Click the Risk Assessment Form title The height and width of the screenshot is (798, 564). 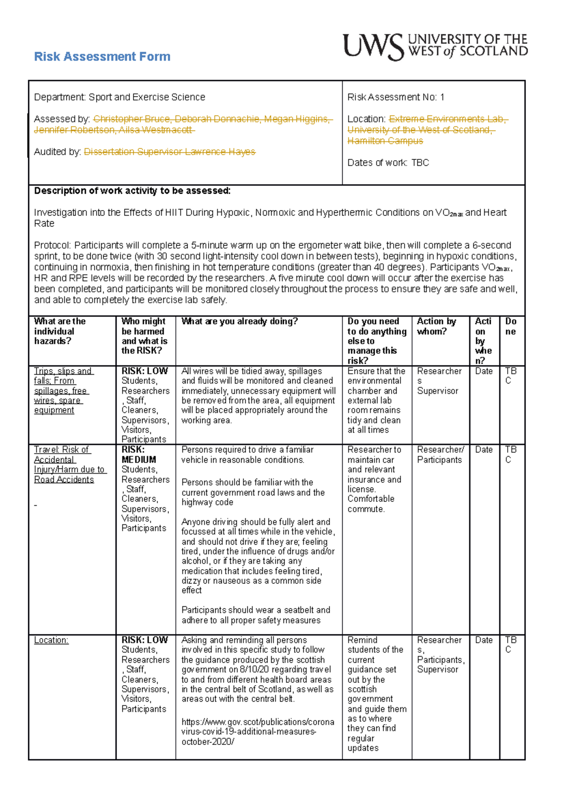(102, 57)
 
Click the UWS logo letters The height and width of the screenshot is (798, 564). (373, 47)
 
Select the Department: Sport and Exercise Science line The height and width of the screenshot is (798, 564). (119, 97)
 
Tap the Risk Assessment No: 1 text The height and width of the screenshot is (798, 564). (395, 97)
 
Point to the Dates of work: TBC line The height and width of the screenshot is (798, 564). (388, 163)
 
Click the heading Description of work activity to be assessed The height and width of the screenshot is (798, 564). (132, 191)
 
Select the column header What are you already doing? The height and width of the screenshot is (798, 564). (239, 321)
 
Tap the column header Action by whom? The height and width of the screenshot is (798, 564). (436, 326)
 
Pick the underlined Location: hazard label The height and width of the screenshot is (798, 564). (51, 640)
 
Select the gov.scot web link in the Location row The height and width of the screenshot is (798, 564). (257, 732)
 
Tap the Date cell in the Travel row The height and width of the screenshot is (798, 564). (484, 450)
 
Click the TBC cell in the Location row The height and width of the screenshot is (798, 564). (510, 645)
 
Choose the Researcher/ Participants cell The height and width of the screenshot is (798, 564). (440, 454)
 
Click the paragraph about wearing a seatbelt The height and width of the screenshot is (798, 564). (255, 615)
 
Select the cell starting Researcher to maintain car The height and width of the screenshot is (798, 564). (375, 479)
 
